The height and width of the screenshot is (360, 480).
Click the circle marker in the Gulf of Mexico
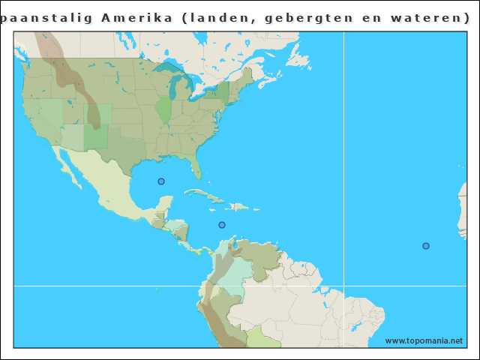click(x=160, y=181)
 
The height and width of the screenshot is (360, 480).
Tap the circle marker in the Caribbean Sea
click(x=221, y=225)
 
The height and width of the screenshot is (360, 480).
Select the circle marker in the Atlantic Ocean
click(x=426, y=246)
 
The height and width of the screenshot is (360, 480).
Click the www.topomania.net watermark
click(x=424, y=340)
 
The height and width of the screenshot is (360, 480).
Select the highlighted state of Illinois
click(x=163, y=109)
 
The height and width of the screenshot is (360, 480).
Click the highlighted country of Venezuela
click(x=259, y=259)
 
